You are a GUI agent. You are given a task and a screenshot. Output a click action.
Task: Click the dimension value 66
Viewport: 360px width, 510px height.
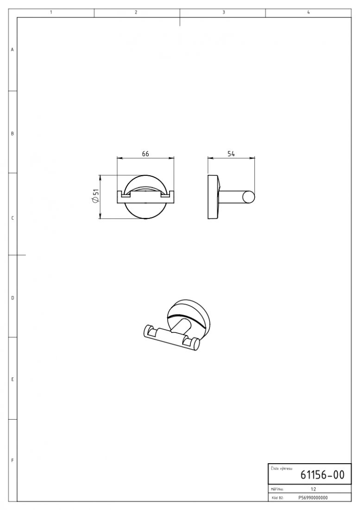145,153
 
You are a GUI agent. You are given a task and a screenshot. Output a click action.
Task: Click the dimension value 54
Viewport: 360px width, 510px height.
231,153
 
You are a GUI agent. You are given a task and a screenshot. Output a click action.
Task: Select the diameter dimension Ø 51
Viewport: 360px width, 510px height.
95,197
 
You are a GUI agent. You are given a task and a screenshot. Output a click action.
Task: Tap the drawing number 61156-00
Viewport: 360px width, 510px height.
322,475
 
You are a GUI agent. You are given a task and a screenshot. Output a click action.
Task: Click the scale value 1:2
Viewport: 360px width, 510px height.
313,489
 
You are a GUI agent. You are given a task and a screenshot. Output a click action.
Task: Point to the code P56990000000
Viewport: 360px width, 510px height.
313,497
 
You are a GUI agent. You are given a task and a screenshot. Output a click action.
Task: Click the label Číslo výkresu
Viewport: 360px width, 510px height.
281,469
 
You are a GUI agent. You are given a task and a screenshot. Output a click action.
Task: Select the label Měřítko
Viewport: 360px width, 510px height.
277,489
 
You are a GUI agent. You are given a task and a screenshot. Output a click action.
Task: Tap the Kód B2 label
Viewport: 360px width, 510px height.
277,497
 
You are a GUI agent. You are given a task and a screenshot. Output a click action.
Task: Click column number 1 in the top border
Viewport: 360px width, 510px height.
51,13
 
